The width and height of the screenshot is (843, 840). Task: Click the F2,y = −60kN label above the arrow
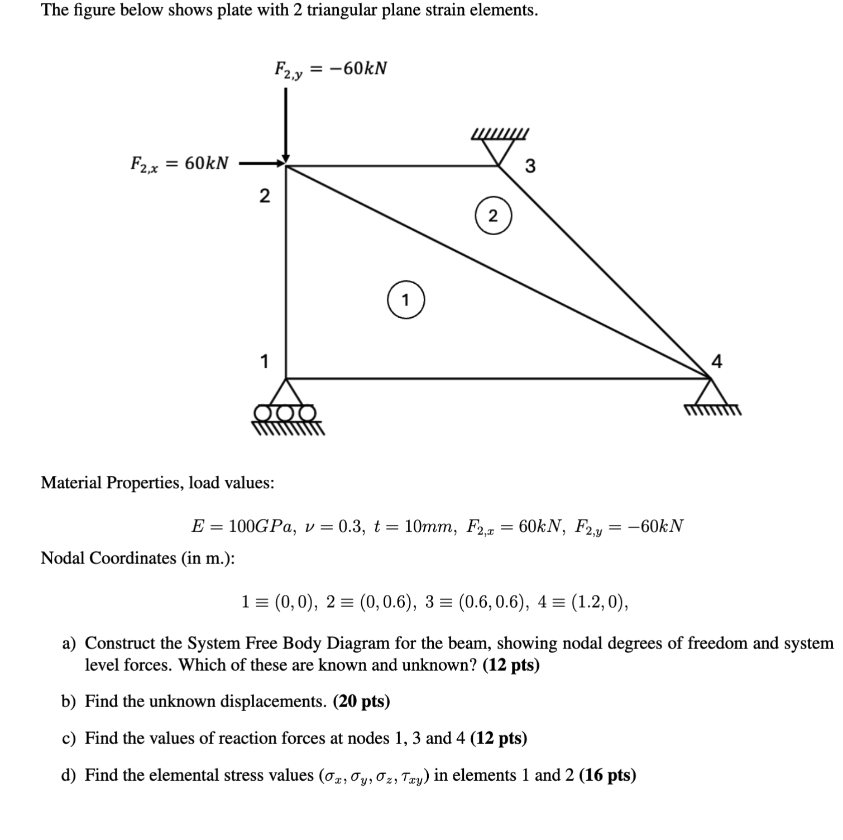coord(331,70)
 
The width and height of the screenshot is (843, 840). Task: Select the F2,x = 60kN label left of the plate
coord(179,164)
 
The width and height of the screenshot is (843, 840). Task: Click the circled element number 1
coord(406,300)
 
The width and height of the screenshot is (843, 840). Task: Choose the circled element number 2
coord(493,216)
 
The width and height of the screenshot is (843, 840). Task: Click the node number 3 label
coord(530,166)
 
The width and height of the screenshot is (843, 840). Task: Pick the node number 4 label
coord(717,362)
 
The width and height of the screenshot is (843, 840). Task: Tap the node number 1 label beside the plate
coord(265,361)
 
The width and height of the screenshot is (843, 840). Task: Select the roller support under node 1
coord(286,407)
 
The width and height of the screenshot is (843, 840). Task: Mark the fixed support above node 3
coord(500,147)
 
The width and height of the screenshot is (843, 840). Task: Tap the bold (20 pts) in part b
coord(361,701)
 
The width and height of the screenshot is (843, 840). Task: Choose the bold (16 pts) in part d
coord(607,775)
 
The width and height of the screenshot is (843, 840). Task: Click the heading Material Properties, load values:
coord(157,482)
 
